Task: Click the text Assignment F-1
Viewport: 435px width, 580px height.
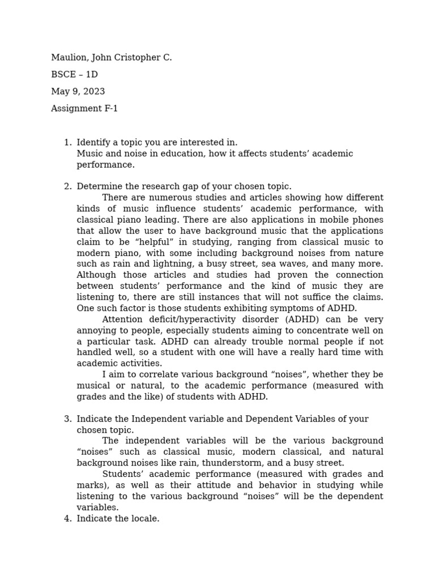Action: pos(84,109)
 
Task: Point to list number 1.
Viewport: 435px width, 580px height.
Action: pos(67,143)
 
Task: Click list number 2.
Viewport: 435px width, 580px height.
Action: pos(67,187)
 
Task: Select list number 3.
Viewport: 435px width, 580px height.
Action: pos(67,419)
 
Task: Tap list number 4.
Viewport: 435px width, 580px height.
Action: pos(67,519)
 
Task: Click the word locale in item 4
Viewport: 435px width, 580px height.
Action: pos(144,519)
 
